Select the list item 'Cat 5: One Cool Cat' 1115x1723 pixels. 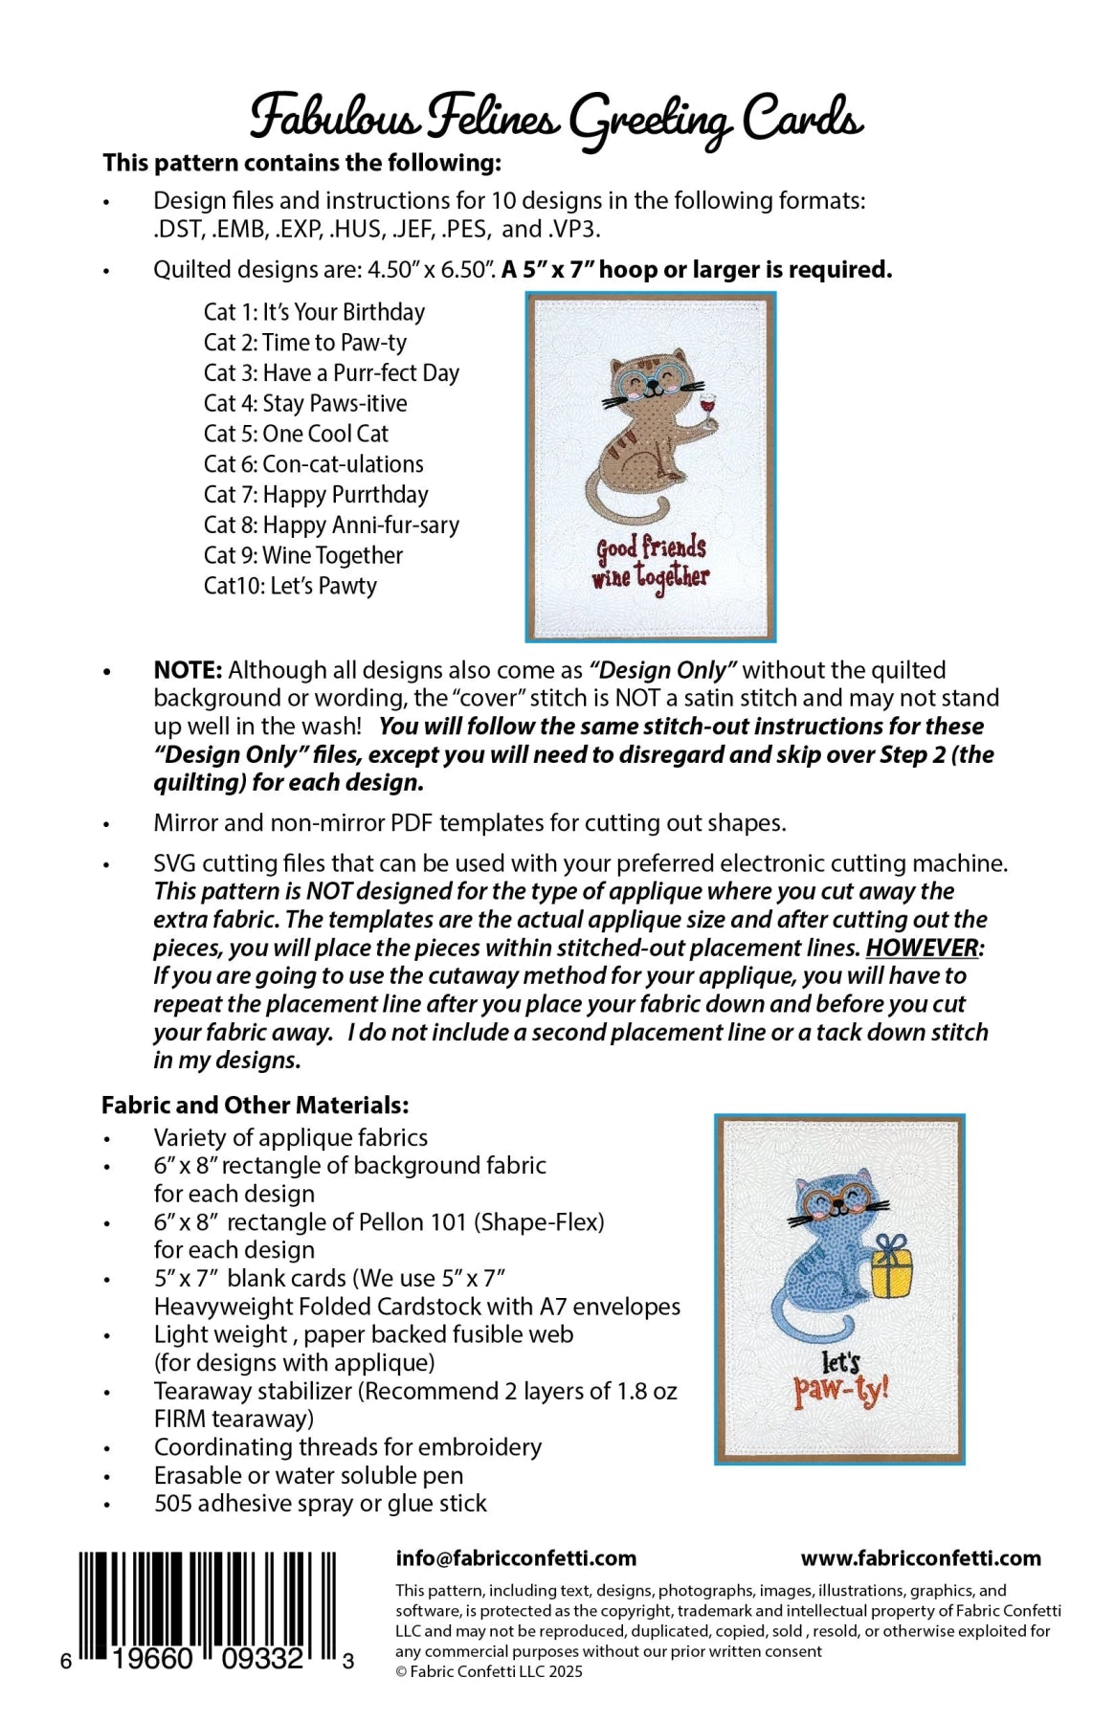click(296, 434)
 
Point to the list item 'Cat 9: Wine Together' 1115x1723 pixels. click(303, 555)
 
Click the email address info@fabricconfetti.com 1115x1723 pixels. click(516, 1558)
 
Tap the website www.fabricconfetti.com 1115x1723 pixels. click(921, 1558)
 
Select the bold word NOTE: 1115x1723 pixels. click(188, 670)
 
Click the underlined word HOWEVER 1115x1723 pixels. click(923, 948)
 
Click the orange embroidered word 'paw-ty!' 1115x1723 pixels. click(840, 1391)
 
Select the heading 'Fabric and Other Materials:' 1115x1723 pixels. click(256, 1106)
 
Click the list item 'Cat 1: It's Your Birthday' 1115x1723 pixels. click(314, 312)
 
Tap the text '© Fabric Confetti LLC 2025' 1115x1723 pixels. click(489, 1671)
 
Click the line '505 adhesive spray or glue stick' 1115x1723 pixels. click(320, 1504)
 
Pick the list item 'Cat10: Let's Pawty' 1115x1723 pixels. click(290, 586)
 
